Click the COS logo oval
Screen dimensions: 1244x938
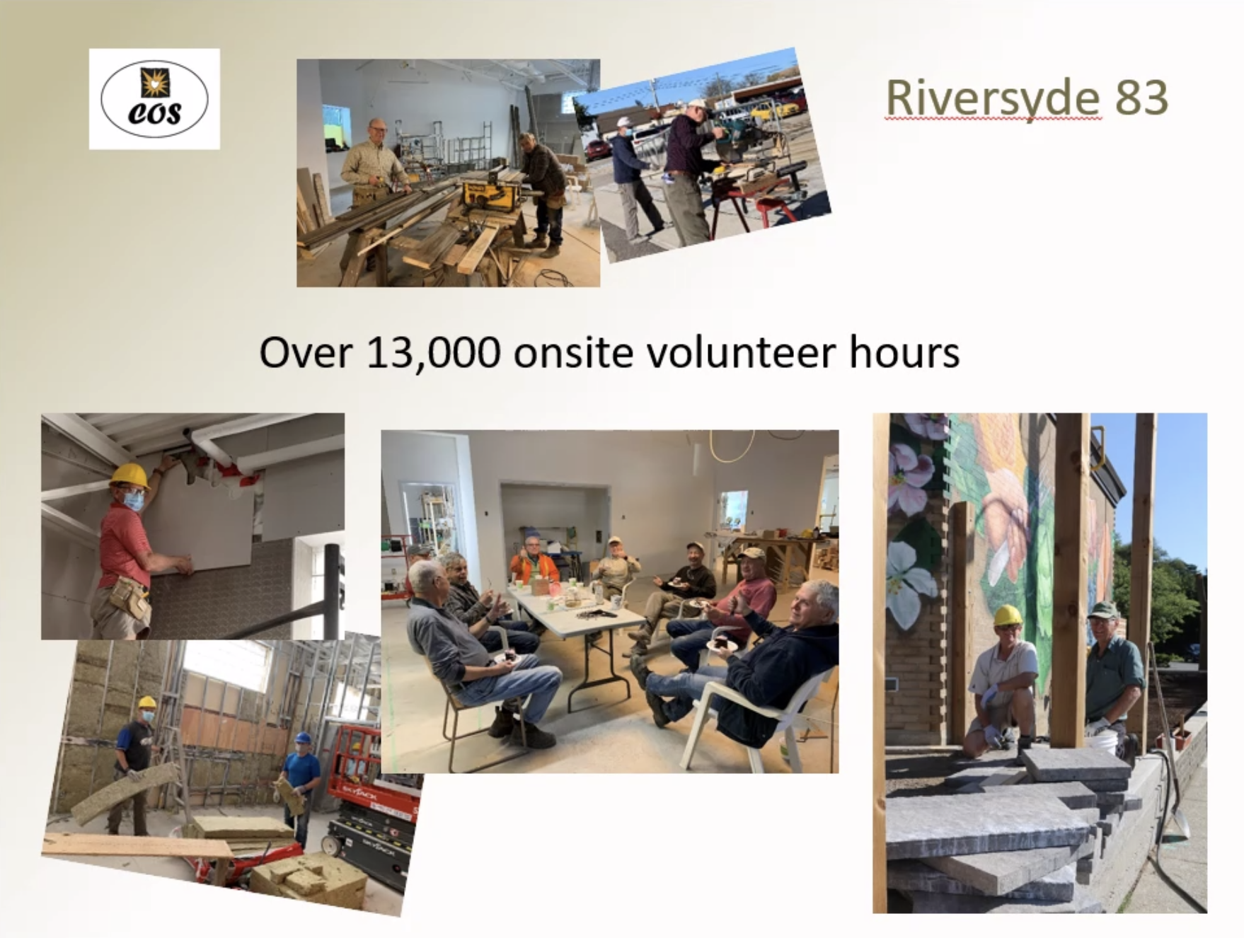[x=154, y=98]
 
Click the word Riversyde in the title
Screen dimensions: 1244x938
[x=994, y=98]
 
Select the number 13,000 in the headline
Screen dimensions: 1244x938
[x=434, y=352]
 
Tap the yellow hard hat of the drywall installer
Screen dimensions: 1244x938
[x=130, y=476]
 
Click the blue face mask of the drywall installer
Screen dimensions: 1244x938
[x=133, y=501]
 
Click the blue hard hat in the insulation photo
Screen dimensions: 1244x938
[x=303, y=738]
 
